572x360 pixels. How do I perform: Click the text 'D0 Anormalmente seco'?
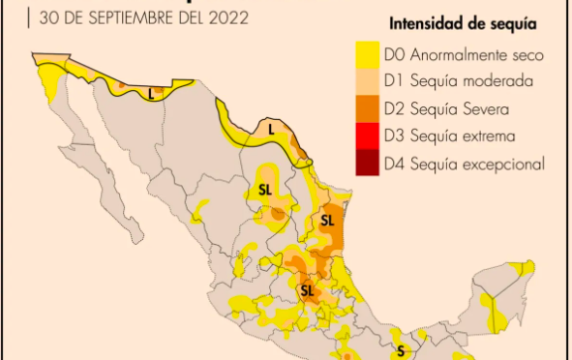pos(458,55)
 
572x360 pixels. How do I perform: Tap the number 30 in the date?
pos(47,16)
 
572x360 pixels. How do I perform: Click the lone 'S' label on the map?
pos(400,350)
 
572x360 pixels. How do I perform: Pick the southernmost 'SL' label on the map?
pos(307,290)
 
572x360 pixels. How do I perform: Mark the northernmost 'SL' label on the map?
pos(264,191)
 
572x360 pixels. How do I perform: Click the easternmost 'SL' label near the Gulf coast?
pos(326,220)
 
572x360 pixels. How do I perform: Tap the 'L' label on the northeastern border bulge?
pos(271,128)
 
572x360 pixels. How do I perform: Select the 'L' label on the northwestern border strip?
pos(151,95)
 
